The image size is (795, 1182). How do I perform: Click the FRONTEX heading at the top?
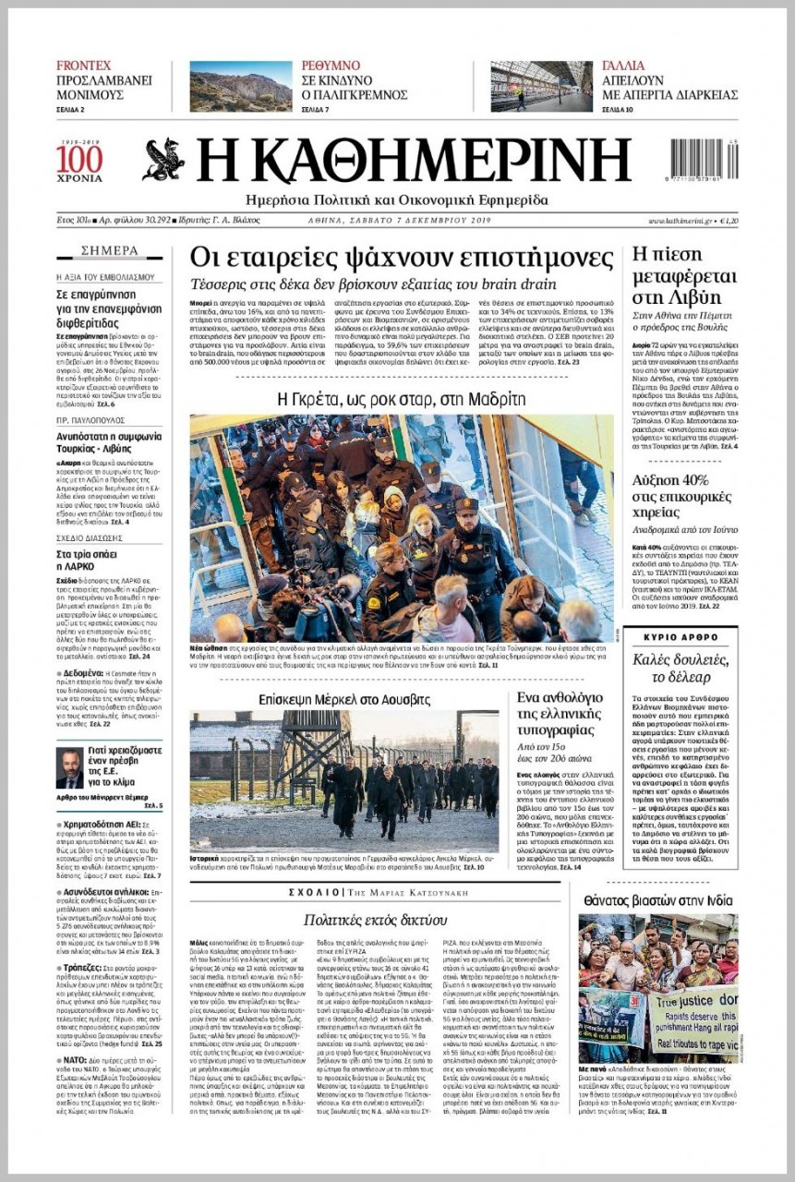[84, 66]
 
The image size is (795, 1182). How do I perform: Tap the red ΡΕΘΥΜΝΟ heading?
[331, 66]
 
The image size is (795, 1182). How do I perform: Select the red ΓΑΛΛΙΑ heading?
[623, 66]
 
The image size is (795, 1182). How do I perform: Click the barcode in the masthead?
[704, 157]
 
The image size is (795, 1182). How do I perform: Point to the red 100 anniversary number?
[79, 159]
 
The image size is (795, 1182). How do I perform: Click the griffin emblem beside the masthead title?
[163, 160]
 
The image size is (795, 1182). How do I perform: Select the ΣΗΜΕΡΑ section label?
[110, 250]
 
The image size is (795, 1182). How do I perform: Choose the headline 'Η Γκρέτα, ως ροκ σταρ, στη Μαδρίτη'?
[402, 399]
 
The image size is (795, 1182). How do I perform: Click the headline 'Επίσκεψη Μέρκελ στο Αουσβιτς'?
[344, 699]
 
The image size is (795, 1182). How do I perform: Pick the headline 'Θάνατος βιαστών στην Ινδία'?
[658, 900]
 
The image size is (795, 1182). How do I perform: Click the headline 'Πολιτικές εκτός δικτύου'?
[376, 919]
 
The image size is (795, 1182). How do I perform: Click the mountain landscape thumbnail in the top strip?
[241, 86]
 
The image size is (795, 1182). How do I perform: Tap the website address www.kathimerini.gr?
[681, 221]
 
